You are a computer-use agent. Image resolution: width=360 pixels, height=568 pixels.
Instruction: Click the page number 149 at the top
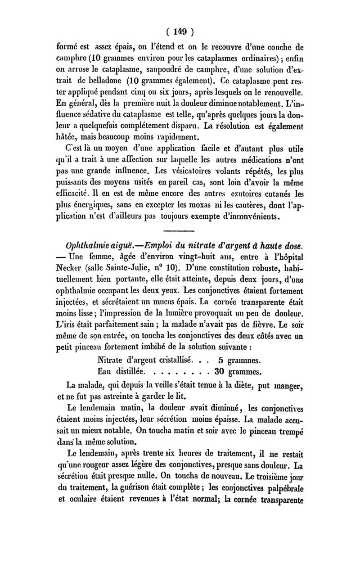180,32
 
